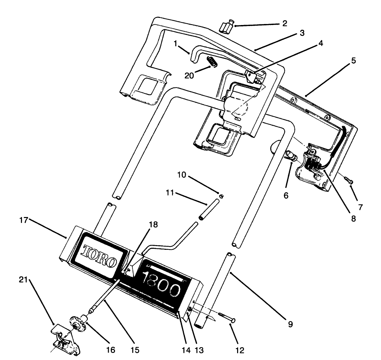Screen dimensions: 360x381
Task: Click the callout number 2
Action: pos(284,24)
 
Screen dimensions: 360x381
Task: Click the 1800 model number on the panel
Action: pos(160,285)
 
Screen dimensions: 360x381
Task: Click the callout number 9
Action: pos(290,325)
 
